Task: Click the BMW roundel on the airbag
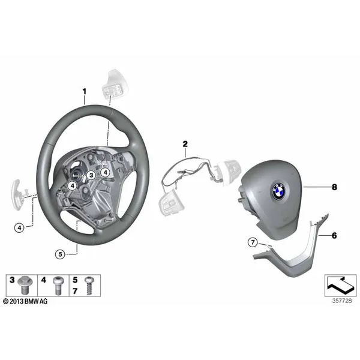click(279, 191)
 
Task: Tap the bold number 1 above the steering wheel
click(84, 91)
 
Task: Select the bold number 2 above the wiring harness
click(185, 144)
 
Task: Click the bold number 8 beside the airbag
click(335, 187)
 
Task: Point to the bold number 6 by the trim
click(334, 236)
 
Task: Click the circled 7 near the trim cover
click(253, 242)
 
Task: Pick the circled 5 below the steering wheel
click(60, 254)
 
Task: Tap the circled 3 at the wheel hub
click(91, 175)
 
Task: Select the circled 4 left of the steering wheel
click(19, 228)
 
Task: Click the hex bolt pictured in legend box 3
click(25, 285)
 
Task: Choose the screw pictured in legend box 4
click(58, 286)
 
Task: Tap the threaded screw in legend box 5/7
click(88, 286)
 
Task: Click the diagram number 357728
click(342, 301)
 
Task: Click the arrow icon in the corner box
click(340, 286)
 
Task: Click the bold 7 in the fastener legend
click(75, 291)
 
